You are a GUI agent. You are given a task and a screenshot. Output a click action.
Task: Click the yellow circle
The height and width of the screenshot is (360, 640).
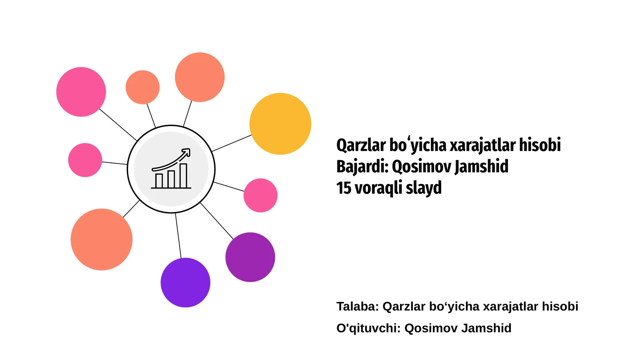pyautogui.click(x=280, y=124)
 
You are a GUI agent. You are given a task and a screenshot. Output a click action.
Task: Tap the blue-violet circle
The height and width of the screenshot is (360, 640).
pyautogui.click(x=185, y=282)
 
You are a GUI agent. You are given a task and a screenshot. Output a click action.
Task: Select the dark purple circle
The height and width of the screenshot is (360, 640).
pyautogui.click(x=250, y=257)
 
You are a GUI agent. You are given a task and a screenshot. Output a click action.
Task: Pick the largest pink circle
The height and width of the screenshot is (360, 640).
pyautogui.click(x=81, y=92)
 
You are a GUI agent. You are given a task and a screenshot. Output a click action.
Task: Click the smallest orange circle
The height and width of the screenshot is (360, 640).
pyautogui.click(x=142, y=87)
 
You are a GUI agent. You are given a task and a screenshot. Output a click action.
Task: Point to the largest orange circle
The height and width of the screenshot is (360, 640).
pyautogui.click(x=101, y=239)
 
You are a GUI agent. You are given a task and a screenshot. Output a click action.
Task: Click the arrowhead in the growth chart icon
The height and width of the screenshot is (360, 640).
pyautogui.click(x=186, y=152)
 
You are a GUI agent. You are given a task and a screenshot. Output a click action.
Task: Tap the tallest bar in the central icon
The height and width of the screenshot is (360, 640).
pyautogui.click(x=183, y=176)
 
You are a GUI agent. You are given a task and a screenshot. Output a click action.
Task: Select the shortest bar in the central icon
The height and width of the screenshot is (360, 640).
pyautogui.click(x=159, y=180)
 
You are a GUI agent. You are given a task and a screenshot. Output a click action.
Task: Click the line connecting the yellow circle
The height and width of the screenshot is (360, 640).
pyautogui.click(x=232, y=143)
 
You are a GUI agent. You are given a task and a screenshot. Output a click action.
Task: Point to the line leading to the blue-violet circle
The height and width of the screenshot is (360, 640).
pyautogui.click(x=178, y=236)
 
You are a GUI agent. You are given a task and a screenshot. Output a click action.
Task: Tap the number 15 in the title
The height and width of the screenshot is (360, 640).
pyautogui.click(x=344, y=188)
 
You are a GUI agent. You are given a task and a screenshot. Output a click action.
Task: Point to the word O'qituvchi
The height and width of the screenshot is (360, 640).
pyautogui.click(x=368, y=328)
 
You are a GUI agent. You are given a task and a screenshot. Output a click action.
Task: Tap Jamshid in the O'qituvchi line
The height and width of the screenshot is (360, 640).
pyautogui.click(x=486, y=328)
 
